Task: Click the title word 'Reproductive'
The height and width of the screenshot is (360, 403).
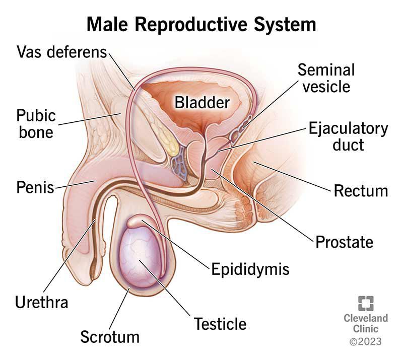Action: point(191,25)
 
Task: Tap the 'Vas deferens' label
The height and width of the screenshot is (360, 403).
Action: point(61,52)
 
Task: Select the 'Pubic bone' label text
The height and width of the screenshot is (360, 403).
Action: point(36,124)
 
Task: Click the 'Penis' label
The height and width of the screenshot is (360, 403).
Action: point(35,187)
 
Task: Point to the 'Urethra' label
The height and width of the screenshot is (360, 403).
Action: point(42,302)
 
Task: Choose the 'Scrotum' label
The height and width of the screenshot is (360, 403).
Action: point(110,337)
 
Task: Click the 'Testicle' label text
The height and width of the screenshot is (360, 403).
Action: point(220,324)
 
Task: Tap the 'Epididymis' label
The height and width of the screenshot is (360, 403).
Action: point(250,269)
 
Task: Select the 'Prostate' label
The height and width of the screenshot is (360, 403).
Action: point(344,242)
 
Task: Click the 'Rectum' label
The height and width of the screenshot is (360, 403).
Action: point(361,191)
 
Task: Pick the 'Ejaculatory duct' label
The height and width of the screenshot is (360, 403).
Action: point(348,136)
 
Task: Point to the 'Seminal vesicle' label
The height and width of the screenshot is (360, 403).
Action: point(326,78)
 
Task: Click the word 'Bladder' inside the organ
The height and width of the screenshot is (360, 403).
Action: point(202,103)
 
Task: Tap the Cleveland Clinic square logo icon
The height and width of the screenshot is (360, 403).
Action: point(366,304)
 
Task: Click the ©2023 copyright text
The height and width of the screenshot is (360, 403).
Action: point(366,342)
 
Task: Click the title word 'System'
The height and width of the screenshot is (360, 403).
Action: point(285,25)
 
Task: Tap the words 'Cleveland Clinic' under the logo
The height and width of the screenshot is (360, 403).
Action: point(366,324)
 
